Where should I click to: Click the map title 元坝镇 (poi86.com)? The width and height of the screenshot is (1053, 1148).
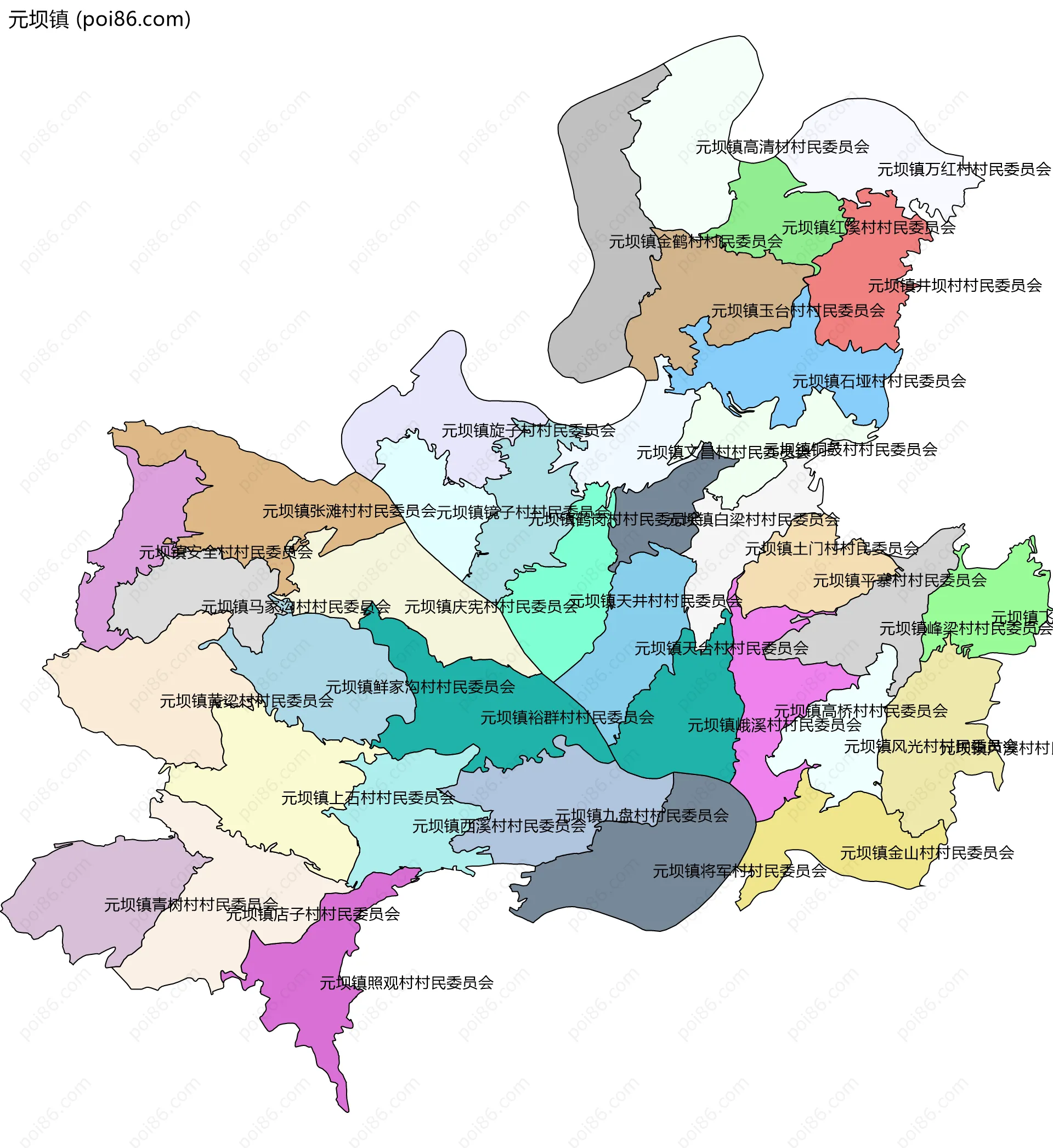[x=100, y=19]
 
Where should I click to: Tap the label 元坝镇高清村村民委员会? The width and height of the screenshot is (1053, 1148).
[x=782, y=148]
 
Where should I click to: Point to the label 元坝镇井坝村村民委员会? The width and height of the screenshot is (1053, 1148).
[x=954, y=286]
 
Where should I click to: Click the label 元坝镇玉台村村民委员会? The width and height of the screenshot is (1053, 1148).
[x=798, y=311]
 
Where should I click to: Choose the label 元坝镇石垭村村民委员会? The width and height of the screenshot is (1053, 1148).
[x=879, y=381]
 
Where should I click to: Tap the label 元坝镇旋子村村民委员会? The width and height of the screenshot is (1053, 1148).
[x=528, y=431]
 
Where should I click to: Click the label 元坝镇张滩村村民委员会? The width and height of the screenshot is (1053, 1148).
[x=349, y=512]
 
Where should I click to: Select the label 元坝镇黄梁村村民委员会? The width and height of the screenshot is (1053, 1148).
[x=246, y=702]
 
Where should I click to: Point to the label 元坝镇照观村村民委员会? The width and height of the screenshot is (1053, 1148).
[x=406, y=983]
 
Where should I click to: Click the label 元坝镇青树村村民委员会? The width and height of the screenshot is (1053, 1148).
[x=191, y=904]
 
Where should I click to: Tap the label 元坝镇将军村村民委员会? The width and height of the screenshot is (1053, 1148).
[x=739, y=871]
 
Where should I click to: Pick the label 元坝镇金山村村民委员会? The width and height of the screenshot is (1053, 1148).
[x=926, y=853]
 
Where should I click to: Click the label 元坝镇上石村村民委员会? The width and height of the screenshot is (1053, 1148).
[x=368, y=798]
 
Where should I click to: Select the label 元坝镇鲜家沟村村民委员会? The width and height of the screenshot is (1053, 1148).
[x=420, y=687]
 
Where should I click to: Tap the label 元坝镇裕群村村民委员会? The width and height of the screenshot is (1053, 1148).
[x=567, y=718]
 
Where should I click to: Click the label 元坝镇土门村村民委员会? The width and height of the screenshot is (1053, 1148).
[x=831, y=548]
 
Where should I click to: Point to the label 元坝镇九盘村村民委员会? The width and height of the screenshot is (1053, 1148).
[x=642, y=816]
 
